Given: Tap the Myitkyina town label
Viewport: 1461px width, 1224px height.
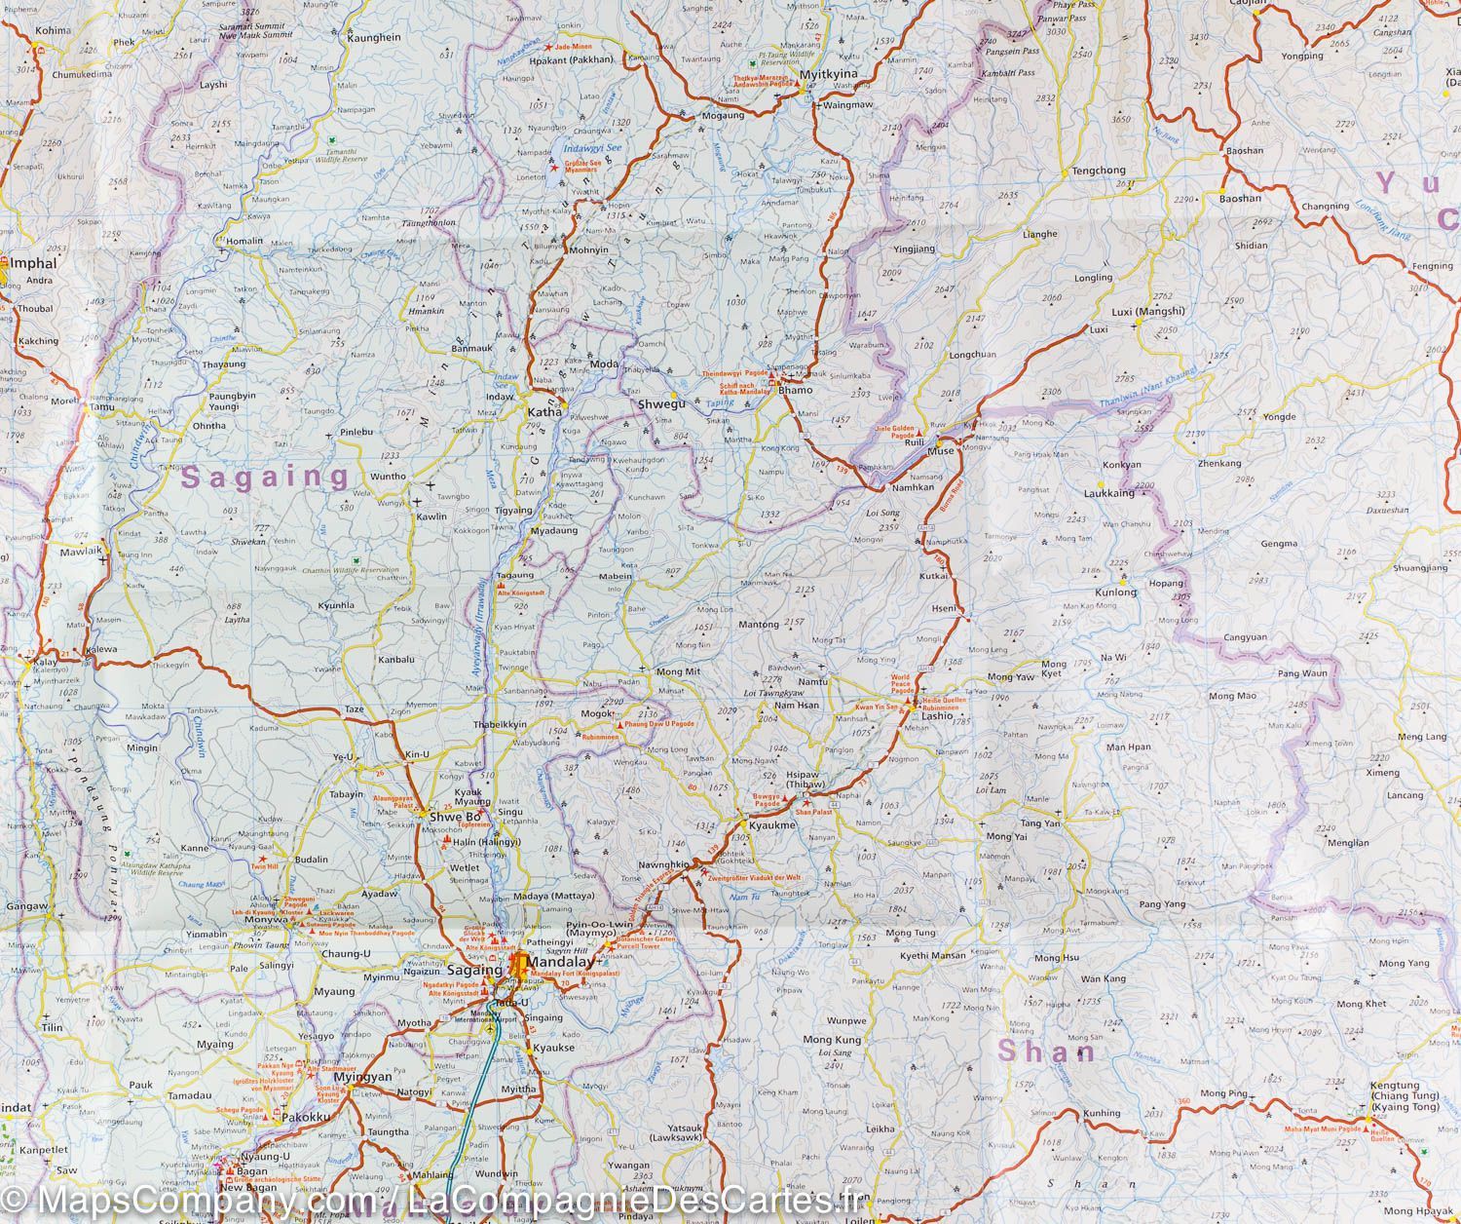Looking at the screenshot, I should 828,74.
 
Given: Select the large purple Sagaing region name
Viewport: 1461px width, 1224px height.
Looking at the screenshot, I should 266,478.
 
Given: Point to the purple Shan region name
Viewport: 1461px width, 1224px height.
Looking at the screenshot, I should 1047,1052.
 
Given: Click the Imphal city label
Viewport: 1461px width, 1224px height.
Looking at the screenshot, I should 33,263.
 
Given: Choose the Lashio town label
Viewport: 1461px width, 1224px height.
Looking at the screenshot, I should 937,715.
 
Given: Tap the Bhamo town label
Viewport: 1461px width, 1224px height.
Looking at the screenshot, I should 795,390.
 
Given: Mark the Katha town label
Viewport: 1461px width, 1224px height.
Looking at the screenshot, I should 544,412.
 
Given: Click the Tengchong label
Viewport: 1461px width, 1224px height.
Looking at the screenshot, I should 1099,171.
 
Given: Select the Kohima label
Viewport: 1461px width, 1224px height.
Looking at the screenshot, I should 53,30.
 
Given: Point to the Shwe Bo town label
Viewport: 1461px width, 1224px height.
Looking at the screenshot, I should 456,816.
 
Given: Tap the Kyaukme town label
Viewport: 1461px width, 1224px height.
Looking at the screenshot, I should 772,825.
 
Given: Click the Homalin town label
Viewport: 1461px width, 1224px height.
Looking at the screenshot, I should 244,241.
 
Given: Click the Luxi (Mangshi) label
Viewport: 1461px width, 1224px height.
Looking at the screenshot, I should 1147,312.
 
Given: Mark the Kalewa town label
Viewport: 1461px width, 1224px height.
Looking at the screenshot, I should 101,649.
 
